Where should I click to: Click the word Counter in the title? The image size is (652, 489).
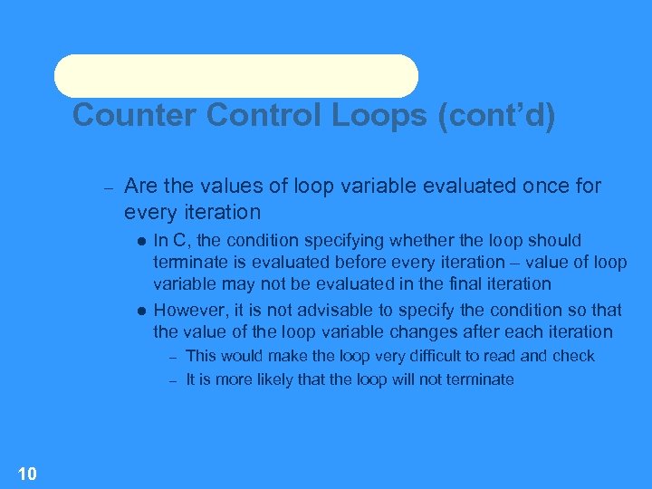pyautogui.click(x=134, y=116)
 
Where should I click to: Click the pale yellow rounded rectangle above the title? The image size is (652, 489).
pyautogui.click(x=236, y=76)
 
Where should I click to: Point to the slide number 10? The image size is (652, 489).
pyautogui.click(x=27, y=473)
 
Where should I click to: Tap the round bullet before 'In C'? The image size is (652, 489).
pyautogui.click(x=141, y=241)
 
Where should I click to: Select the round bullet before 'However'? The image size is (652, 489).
pyautogui.click(x=141, y=311)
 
